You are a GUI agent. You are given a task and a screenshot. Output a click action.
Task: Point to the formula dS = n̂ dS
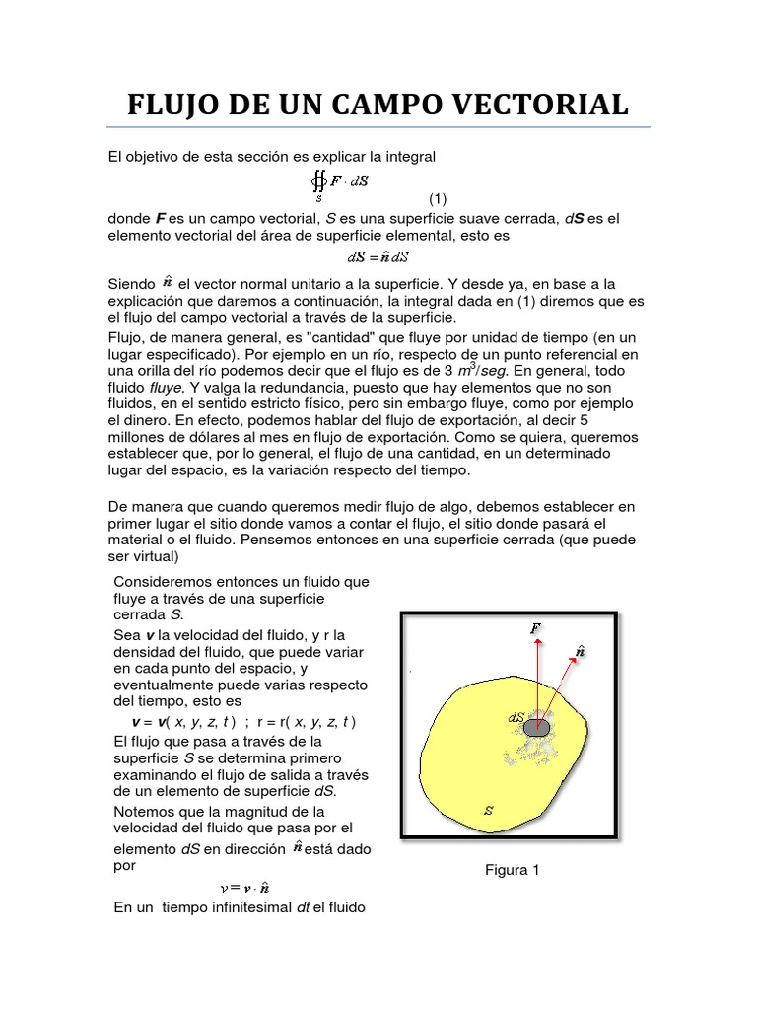click(x=379, y=257)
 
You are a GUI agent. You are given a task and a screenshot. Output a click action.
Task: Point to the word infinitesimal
click(x=244, y=907)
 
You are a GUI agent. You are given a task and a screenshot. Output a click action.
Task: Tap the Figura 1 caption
click(x=512, y=870)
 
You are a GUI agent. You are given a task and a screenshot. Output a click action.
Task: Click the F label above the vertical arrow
click(x=535, y=626)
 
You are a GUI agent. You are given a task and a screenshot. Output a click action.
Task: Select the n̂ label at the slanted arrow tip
click(x=581, y=651)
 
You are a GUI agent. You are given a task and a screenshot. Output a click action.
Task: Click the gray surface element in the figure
click(x=537, y=727)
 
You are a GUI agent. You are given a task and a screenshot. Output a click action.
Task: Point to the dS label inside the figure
click(x=516, y=719)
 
